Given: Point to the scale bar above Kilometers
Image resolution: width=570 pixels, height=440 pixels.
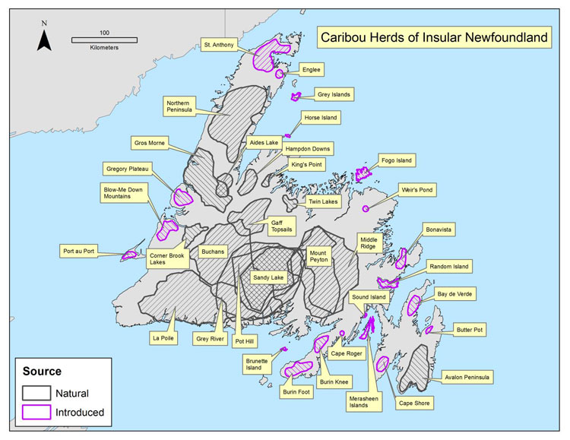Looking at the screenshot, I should click(103, 39).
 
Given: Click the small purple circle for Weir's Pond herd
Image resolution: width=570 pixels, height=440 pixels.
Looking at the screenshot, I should click(366, 208).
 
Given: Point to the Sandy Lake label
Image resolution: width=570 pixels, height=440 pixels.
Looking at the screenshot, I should click(268, 278).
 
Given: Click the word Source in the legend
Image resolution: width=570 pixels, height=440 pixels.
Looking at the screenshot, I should click(42, 372).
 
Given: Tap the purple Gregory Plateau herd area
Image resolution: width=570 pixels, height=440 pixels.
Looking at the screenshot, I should click(182, 196).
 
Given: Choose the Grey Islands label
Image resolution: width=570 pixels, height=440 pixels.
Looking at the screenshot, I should click(334, 95).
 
